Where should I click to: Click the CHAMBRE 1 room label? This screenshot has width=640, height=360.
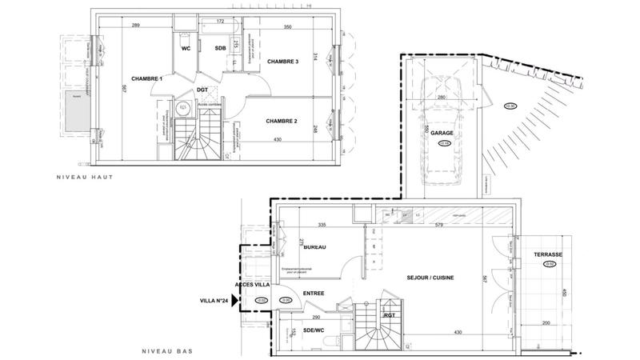126,78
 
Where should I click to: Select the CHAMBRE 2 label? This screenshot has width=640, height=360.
281,121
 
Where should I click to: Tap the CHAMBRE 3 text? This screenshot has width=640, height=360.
282,62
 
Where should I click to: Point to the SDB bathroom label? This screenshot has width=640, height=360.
221,48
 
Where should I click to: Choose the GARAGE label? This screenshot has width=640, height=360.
442,134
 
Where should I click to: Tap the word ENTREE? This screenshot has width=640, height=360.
313,294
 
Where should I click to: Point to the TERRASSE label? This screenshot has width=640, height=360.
548,254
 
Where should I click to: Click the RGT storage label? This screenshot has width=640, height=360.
390,314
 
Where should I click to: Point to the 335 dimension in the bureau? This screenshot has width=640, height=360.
321,226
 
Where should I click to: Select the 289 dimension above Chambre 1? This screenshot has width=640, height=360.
135,27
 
